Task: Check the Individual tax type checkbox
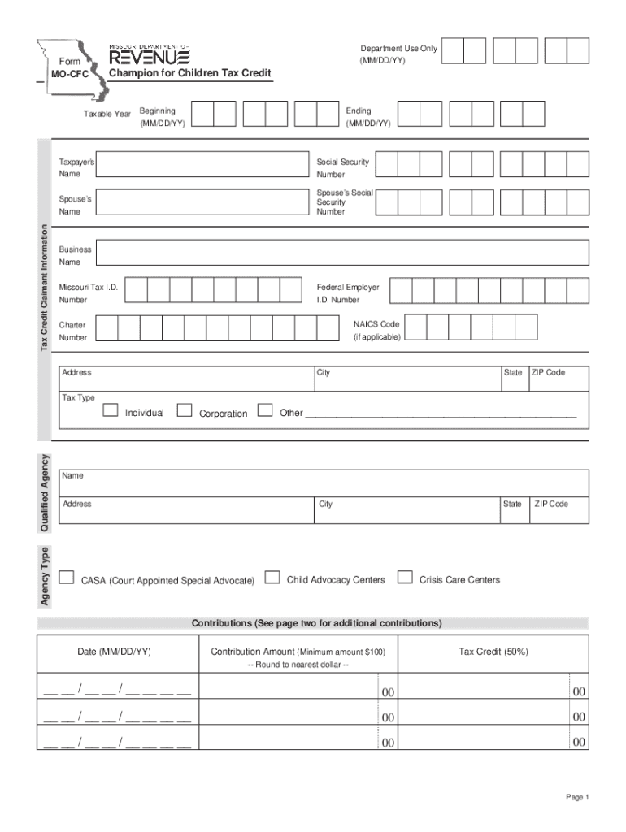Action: pyautogui.click(x=111, y=409)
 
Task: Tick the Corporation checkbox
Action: pyautogui.click(x=185, y=409)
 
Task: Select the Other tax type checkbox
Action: pyautogui.click(x=264, y=409)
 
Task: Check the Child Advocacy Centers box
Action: pyautogui.click(x=273, y=578)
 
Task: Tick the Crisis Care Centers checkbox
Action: pyautogui.click(x=404, y=578)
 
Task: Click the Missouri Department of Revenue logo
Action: pyautogui.click(x=150, y=56)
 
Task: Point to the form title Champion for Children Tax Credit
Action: pyautogui.click(x=190, y=75)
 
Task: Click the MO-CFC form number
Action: pyautogui.click(x=72, y=75)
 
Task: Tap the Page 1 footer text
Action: pyautogui.click(x=577, y=797)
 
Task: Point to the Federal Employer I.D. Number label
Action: pyautogui.click(x=348, y=293)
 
